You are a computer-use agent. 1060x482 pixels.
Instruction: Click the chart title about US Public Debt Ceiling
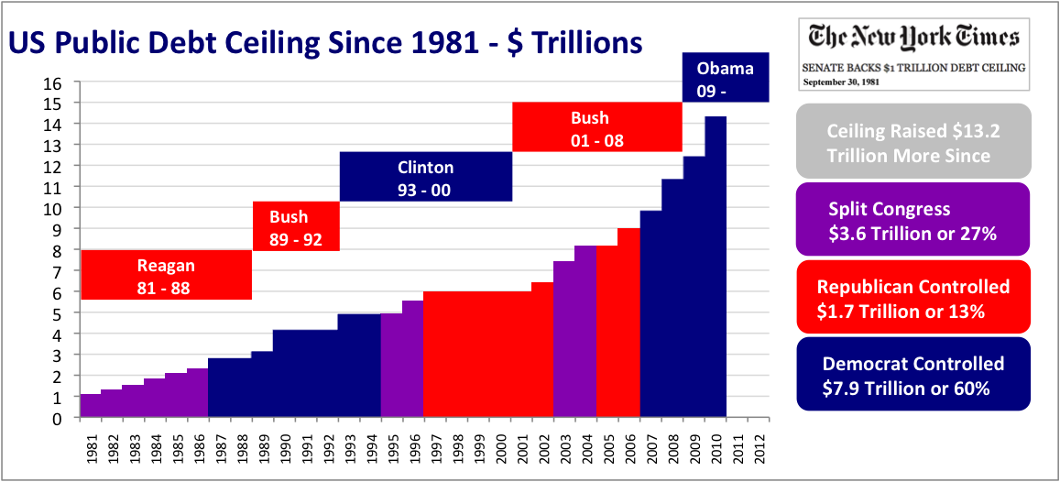click(x=324, y=43)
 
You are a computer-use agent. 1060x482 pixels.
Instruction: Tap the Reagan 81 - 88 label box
click(x=166, y=275)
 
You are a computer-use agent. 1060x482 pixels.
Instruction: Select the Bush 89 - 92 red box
click(x=296, y=225)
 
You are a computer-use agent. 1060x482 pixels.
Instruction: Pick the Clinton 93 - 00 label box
click(x=425, y=177)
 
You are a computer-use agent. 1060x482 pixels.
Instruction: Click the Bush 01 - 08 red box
click(x=596, y=126)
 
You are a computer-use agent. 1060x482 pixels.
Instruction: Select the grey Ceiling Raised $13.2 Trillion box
click(x=913, y=142)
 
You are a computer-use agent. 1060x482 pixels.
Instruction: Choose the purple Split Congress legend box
click(x=913, y=220)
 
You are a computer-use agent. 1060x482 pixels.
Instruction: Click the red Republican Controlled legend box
click(x=913, y=298)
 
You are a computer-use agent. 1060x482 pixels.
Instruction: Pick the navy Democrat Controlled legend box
click(x=913, y=376)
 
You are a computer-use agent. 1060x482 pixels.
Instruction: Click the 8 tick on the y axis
click(x=57, y=250)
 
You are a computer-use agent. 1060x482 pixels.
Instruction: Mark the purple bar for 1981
click(x=91, y=406)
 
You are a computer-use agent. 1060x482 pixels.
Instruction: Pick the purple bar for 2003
click(x=564, y=339)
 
